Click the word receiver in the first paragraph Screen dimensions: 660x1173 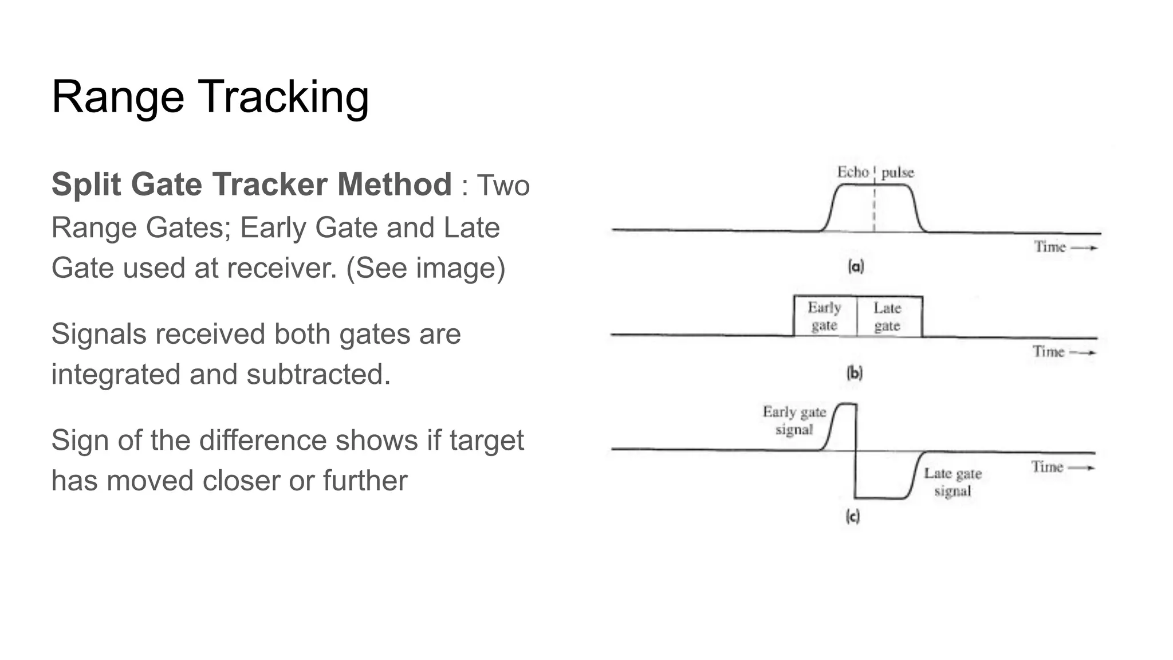tap(281, 268)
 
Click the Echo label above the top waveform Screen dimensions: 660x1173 tap(853, 172)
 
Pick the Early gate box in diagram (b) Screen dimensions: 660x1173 tap(825, 316)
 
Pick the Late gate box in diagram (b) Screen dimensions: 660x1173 tap(888, 316)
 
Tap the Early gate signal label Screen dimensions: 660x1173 tap(794, 421)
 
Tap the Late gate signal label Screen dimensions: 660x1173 tap(952, 482)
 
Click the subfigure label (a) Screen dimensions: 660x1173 tap(856, 266)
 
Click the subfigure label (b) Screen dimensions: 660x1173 tap(854, 374)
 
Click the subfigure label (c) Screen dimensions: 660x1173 tap(852, 517)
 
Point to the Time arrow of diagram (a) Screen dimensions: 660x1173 tap(1084, 248)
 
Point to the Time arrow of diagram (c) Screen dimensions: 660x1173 tap(1081, 467)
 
